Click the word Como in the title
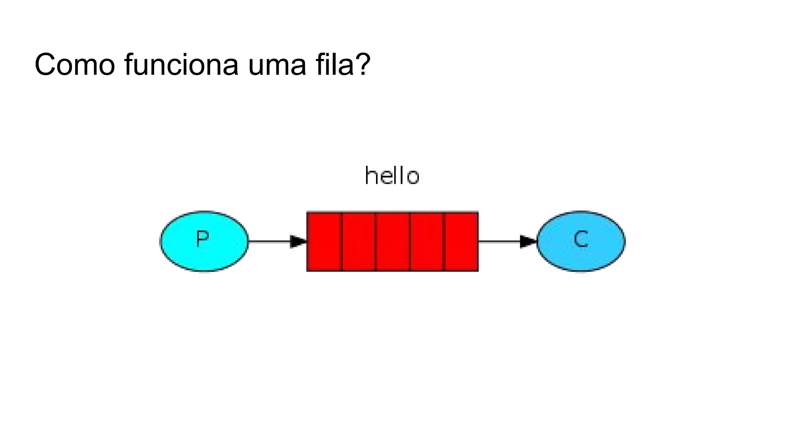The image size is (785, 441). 75,65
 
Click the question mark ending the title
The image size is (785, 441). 363,65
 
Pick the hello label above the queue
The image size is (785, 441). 392,176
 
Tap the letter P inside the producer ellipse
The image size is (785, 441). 202,239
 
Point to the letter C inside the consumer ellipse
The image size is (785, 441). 581,239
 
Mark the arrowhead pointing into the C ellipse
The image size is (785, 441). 528,242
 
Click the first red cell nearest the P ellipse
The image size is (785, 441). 324,242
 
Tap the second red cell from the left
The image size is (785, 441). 358,242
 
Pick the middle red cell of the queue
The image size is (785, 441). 392,242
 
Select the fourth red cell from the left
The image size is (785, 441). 427,242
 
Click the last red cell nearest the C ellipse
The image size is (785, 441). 461,242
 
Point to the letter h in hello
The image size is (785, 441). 370,176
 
